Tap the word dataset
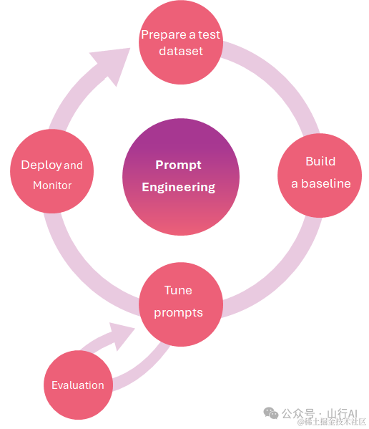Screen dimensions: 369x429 click(181, 51)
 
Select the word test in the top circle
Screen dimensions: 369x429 click(209, 35)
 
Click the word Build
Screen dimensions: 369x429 click(320, 161)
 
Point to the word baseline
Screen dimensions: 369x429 click(326, 183)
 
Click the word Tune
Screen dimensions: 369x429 click(178, 290)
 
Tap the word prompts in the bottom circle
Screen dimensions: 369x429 click(178, 313)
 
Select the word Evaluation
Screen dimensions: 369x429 click(78, 385)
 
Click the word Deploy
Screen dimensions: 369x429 click(41, 165)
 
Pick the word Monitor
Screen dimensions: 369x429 click(52, 185)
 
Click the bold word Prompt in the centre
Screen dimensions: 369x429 click(178, 165)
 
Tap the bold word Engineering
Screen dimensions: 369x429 click(178, 188)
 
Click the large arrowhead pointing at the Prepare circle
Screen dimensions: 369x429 click(113, 64)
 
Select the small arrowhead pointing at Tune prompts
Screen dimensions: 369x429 click(122, 334)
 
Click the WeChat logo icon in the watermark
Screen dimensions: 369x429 click(270, 413)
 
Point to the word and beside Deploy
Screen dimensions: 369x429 click(73, 165)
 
